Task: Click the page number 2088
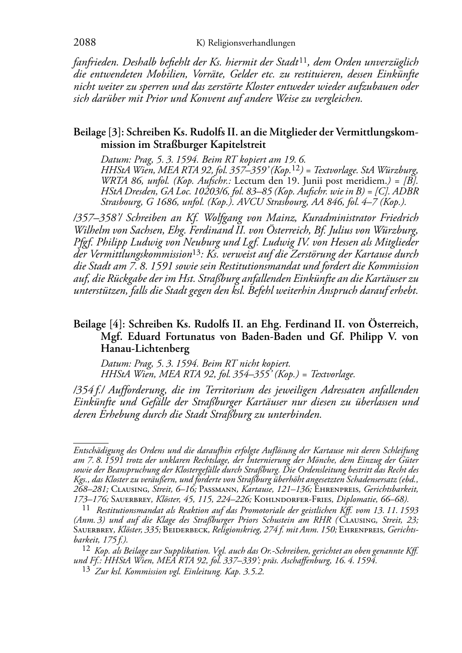[85, 43]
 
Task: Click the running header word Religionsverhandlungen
[252, 43]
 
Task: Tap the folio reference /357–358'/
[97, 218]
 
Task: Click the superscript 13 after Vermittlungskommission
[196, 252]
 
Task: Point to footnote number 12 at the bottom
[86, 549]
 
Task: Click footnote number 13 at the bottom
[86, 570]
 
